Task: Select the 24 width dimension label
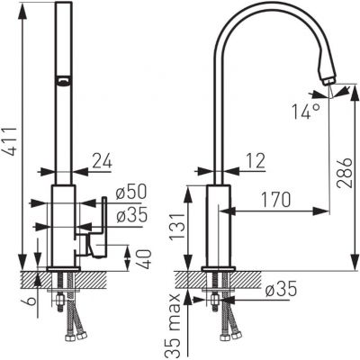tap(103, 162)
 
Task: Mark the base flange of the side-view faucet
tap(220, 269)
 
